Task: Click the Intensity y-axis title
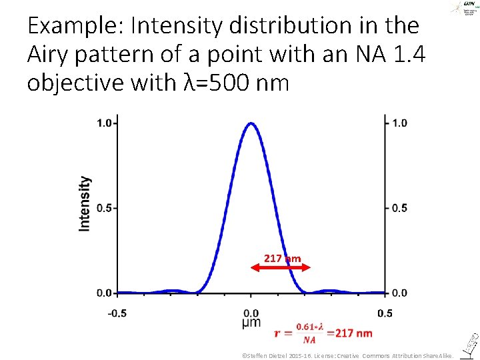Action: click(85, 203)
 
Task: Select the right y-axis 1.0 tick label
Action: click(399, 123)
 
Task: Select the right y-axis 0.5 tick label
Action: click(399, 208)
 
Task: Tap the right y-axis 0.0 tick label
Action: click(399, 293)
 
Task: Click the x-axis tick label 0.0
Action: click(251, 313)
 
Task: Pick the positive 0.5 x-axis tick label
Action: click(385, 313)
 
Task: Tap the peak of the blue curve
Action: click(251, 123)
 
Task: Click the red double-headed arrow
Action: click(280, 267)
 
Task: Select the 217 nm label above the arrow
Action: click(282, 258)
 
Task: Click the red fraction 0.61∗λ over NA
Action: click(309, 333)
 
